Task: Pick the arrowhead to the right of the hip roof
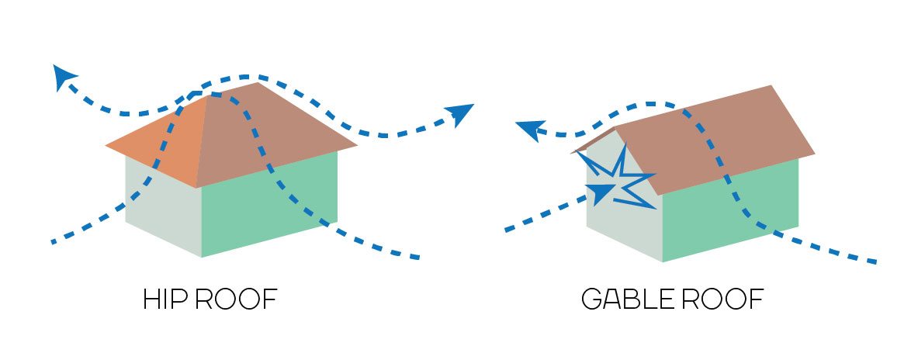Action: [x=461, y=112]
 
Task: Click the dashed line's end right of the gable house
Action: [x=875, y=261]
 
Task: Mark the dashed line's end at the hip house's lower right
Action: [x=417, y=257]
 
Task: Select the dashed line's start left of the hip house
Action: [x=54, y=242]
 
